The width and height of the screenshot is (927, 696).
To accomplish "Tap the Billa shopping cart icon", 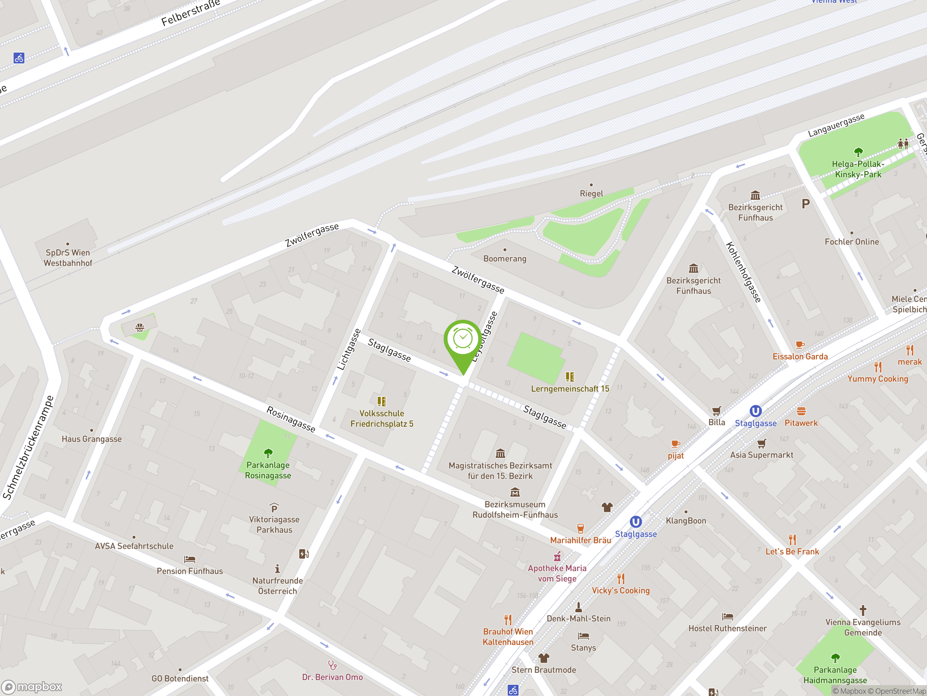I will tap(717, 411).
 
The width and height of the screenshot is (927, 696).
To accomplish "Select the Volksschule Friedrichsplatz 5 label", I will tap(381, 419).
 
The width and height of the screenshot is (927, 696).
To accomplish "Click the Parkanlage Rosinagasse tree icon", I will tap(268, 453).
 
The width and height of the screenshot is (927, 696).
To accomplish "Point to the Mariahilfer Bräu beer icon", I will tap(580, 528).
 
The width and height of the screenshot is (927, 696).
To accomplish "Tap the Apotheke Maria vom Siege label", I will tap(557, 573).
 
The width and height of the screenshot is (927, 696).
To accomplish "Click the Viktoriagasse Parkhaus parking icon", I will tap(274, 509).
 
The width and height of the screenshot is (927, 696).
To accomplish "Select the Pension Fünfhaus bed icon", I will tap(189, 559).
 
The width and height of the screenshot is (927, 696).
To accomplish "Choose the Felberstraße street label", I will tap(191, 14).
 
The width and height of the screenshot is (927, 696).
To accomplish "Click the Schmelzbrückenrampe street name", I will tap(28, 448).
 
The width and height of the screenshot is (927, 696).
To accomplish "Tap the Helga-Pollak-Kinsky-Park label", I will tap(858, 169).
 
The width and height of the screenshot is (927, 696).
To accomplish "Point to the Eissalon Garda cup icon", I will tap(800, 345).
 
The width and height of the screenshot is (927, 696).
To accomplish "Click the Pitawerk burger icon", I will tap(801, 411).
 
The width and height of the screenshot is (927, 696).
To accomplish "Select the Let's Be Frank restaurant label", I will tap(792, 552).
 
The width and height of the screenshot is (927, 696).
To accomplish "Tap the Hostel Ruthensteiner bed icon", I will tap(727, 616).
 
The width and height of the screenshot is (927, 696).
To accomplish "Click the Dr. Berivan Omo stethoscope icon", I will tap(332, 665).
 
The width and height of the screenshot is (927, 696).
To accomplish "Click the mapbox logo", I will tap(32, 687).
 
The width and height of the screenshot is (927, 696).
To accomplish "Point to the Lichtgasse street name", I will tap(349, 349).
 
